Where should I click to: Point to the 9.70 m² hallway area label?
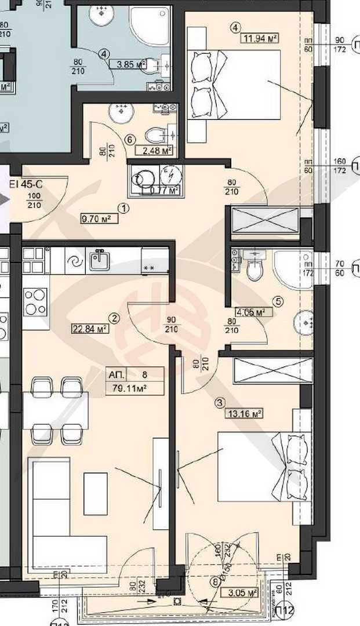pyautogui.click(x=96, y=219)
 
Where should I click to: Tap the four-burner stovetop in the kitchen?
pyautogui.click(x=35, y=302)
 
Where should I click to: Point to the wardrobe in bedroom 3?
pyautogui.click(x=272, y=370)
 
